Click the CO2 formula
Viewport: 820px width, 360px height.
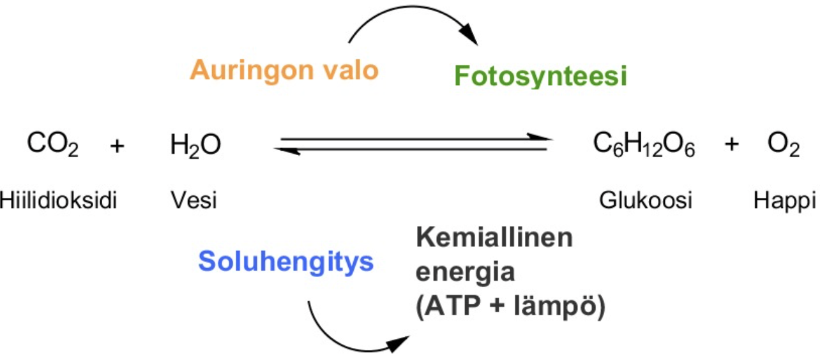pyautogui.click(x=52, y=146)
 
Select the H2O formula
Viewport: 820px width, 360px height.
pyautogui.click(x=195, y=146)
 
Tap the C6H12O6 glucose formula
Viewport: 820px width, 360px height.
pyautogui.click(x=643, y=146)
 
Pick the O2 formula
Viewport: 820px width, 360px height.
pyautogui.click(x=783, y=146)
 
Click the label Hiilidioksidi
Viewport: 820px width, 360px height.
pyautogui.click(x=59, y=200)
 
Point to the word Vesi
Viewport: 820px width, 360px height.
pyautogui.click(x=194, y=200)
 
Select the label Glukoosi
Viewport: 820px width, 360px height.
pyautogui.click(x=646, y=200)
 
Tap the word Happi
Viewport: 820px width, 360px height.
pyautogui.click(x=784, y=200)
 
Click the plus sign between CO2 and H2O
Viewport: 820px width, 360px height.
pyautogui.click(x=116, y=146)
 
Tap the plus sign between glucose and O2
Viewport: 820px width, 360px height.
pyautogui.click(x=732, y=146)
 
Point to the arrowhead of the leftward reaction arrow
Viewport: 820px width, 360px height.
pyautogui.click(x=283, y=149)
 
